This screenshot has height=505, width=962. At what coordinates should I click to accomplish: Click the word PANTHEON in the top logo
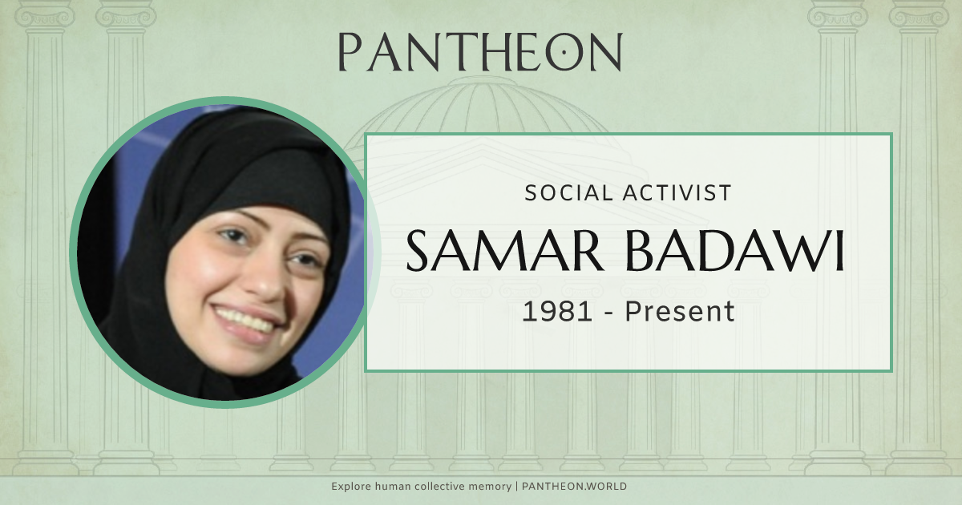[479, 52]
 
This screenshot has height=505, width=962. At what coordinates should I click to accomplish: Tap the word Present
[680, 311]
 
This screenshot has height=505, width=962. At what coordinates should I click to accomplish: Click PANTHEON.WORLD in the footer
[576, 487]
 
